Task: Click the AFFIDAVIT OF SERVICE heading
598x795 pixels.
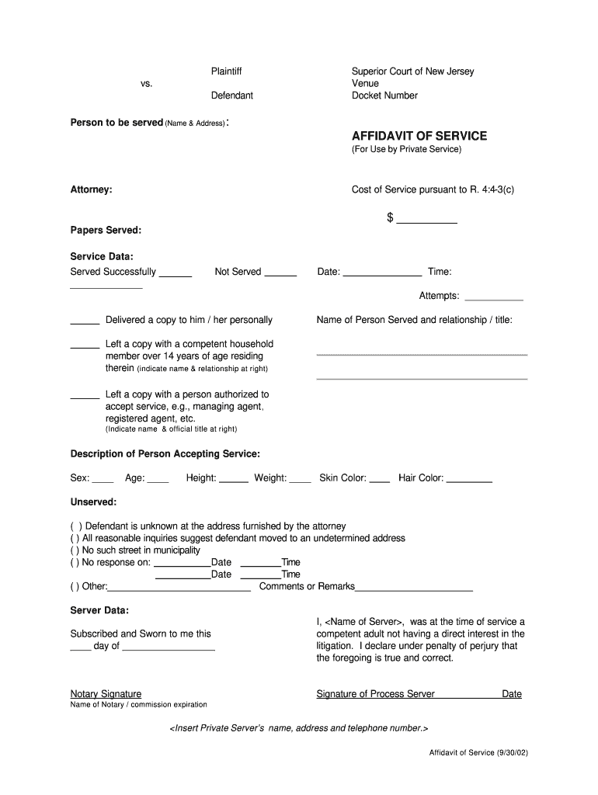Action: [419, 136]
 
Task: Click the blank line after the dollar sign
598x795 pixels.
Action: [426, 220]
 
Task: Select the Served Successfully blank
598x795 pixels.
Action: [176, 273]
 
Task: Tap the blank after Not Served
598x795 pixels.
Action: [280, 273]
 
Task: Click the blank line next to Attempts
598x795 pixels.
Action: [493, 297]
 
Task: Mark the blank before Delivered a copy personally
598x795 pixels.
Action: [85, 321]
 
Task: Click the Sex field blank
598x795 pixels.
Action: [103, 479]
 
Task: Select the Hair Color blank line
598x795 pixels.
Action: [469, 479]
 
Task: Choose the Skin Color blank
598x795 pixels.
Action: [379, 479]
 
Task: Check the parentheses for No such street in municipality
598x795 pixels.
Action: [75, 550]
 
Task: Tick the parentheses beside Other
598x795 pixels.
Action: [75, 587]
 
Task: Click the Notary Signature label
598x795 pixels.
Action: [106, 694]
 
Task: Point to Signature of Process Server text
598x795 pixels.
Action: [375, 694]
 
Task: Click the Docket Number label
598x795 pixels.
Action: [384, 95]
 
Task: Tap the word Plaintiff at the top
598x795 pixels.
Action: [227, 71]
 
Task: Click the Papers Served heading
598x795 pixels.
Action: [106, 231]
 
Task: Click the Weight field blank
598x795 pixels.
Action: [301, 479]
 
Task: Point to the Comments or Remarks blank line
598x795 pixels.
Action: [414, 588]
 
